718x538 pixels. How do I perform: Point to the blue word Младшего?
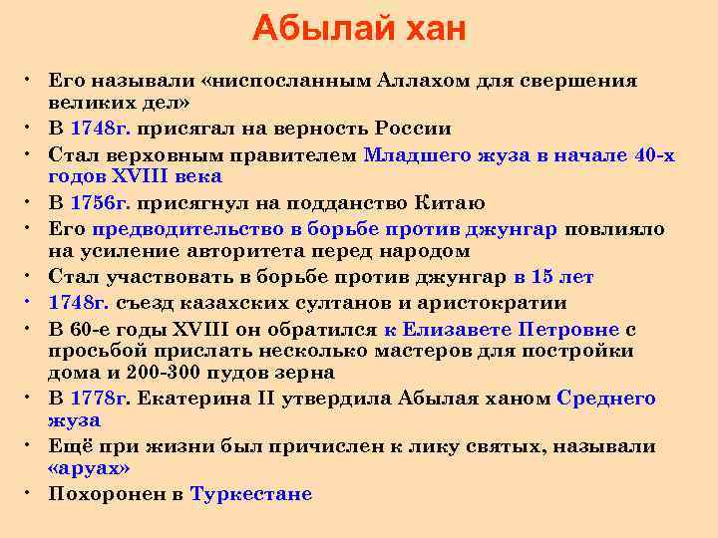coord(411,154)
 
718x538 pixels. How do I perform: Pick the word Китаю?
coord(449,203)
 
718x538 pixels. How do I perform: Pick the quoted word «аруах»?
coord(89,468)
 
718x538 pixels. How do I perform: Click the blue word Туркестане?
coord(250,494)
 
